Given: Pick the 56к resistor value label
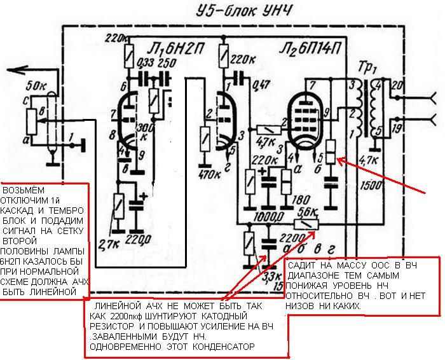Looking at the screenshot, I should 308,213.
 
